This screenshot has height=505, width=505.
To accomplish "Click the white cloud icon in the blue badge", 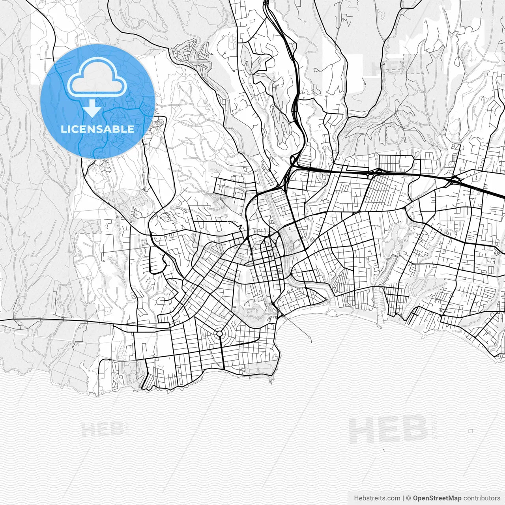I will click(97, 77).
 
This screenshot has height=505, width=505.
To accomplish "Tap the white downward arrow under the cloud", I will click(92, 108).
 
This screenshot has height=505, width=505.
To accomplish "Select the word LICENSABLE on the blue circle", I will click(97, 129).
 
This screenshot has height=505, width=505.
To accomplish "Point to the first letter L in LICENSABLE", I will click(64, 129).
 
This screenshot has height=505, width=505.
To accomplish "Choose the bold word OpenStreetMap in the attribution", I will click(437, 498).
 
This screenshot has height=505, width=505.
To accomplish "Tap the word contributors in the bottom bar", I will click(482, 498).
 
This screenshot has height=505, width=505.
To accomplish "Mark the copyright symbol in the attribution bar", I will click(409, 498).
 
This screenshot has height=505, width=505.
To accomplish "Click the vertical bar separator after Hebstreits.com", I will click(403, 498).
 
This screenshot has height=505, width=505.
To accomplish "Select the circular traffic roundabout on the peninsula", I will click(219, 334).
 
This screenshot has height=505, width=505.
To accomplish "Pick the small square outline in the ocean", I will click(470, 431).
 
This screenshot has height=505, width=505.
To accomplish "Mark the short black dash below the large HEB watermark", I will click(384, 450).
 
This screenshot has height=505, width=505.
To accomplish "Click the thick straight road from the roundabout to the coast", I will click(222, 353).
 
